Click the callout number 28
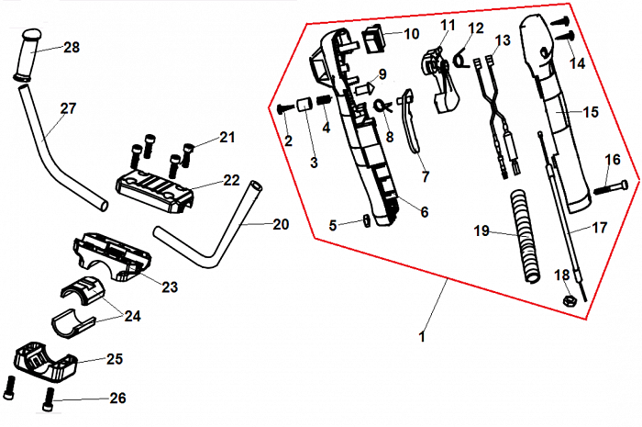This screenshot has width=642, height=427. tap(72, 47)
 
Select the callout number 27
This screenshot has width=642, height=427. tap(69, 107)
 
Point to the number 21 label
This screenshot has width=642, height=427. tap(227, 138)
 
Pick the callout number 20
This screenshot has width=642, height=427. tap(281, 223)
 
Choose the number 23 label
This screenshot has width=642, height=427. tap(169, 287)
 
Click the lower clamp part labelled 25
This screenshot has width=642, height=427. tap(44, 364)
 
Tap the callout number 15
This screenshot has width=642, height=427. tap(590, 111)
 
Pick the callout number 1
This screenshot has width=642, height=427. tap(422, 337)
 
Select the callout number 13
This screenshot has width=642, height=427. tap(502, 40)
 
